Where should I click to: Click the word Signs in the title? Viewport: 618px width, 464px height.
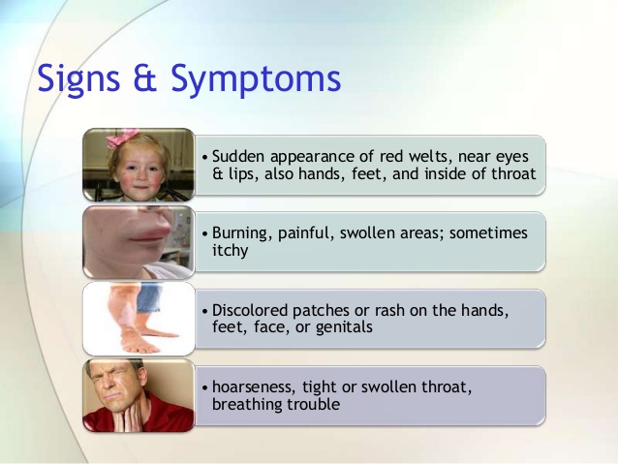coord(78,78)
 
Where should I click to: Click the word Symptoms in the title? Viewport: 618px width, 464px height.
coord(256,78)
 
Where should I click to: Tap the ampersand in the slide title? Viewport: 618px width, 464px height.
coord(145,77)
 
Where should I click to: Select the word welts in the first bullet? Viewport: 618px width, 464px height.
coord(430,157)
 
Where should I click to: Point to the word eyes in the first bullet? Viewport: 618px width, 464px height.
coord(512,158)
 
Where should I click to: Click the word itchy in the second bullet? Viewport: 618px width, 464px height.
coord(231,251)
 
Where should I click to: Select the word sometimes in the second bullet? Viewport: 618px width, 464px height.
coord(488,233)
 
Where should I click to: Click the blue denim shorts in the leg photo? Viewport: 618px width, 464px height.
coord(149,297)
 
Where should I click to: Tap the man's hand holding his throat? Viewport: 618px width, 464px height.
coord(130,415)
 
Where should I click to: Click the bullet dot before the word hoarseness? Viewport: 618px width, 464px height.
coord(204,387)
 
